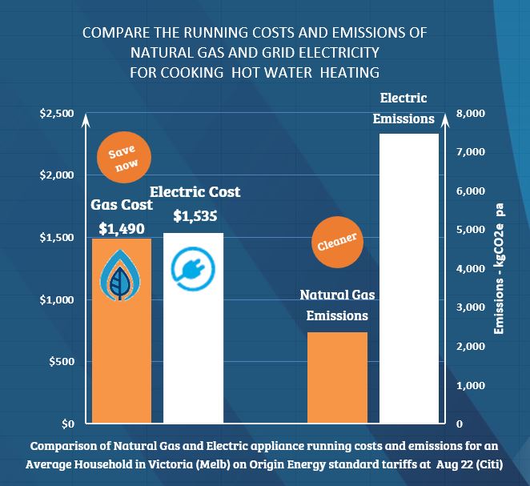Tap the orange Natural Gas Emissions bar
tap(337, 377)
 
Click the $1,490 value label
tap(122, 228)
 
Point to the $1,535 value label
tap(195, 215)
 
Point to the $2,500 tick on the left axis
tap(56, 114)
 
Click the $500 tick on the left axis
tap(61, 362)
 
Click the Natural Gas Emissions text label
tap(337, 305)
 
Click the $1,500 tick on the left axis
tap(56, 238)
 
